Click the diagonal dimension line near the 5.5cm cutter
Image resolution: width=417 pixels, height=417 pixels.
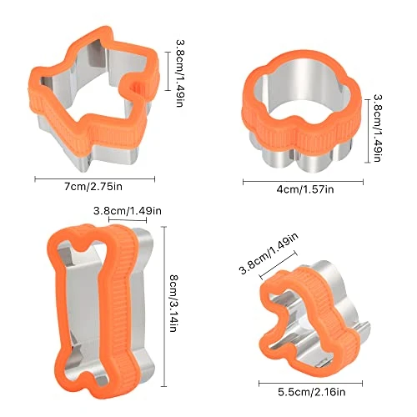(269, 268)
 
